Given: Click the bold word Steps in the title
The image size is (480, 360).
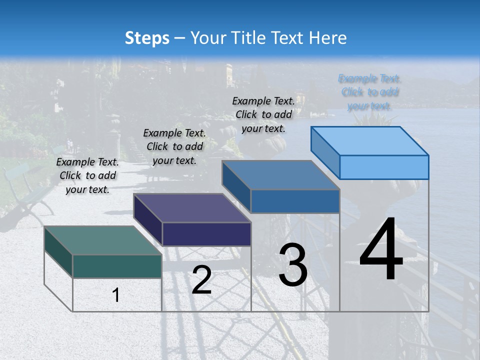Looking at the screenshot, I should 147,38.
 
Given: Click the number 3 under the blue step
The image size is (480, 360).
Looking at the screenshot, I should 292,265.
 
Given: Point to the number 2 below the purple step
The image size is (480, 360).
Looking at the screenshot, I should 201,280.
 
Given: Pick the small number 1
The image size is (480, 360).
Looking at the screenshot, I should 116,295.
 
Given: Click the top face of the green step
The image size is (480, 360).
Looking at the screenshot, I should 102,240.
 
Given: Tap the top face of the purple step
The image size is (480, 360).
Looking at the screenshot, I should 192,207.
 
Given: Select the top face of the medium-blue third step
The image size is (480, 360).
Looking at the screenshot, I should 281,175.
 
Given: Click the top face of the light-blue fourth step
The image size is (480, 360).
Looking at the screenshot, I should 370,141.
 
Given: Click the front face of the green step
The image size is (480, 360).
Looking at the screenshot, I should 117,266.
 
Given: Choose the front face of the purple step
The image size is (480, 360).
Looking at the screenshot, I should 206,234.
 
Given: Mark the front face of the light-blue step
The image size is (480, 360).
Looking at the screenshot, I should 384,167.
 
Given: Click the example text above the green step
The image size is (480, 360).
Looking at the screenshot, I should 87,175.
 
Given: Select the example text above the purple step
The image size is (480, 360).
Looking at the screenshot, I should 174,146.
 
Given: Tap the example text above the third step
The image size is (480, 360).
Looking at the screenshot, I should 263,114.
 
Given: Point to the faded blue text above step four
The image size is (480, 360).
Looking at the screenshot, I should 369,92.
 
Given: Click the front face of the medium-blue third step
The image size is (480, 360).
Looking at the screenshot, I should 295,201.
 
